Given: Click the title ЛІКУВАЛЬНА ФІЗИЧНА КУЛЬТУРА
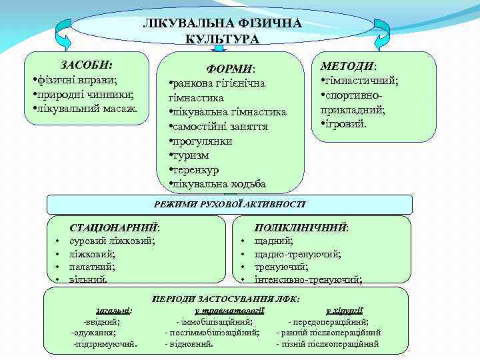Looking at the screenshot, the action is (223, 31).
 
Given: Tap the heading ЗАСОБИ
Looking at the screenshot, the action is (87, 65).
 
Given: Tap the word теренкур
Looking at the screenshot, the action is (198, 169).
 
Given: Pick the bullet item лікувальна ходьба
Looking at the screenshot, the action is (218, 184).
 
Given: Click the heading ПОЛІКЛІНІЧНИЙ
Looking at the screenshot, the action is (302, 227).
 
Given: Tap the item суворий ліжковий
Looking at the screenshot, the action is (112, 241).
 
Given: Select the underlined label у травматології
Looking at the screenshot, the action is (229, 310).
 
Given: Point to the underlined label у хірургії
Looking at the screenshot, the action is (344, 310).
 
